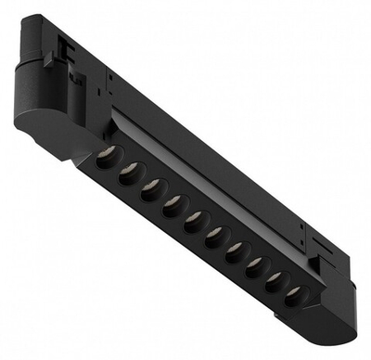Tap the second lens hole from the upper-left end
coord(131,171)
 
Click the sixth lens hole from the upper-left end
coord(216,234)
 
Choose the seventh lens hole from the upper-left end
coord(236,250)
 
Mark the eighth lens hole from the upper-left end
coord(255,264)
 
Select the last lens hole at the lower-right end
coord(294,294)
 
